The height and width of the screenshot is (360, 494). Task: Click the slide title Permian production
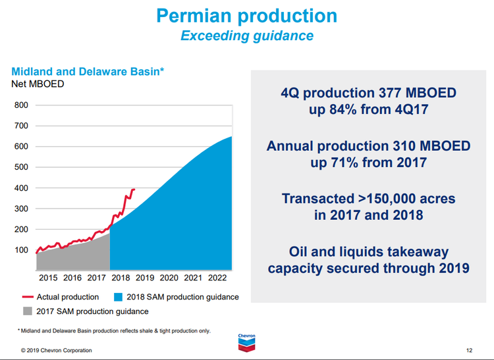(247, 15)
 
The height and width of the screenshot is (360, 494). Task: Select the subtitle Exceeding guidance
(247, 36)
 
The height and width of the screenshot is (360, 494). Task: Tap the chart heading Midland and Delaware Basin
(87, 72)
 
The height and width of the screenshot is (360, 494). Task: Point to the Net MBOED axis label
(38, 84)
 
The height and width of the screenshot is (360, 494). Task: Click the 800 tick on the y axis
(21, 105)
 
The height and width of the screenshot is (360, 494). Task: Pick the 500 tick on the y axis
(21, 167)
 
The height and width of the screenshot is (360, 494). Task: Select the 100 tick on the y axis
(21, 250)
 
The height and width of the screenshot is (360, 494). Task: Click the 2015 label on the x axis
(48, 278)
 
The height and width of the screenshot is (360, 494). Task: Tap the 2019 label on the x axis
(144, 278)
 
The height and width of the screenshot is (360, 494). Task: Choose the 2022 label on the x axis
(217, 278)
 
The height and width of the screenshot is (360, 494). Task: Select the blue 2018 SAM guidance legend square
(119, 297)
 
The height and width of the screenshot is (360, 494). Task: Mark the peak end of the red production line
(134, 190)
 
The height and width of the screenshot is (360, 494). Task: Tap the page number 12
(469, 350)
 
